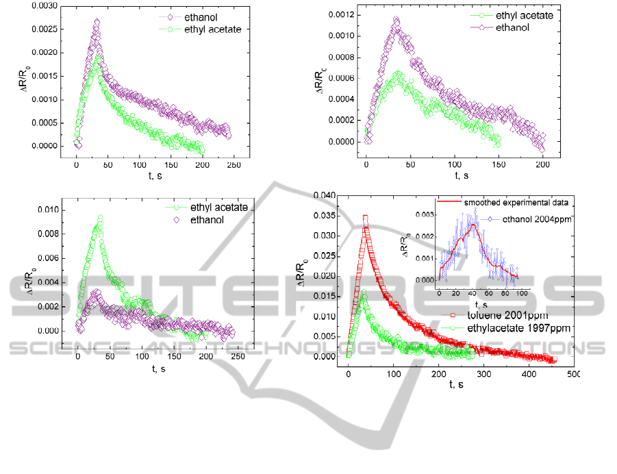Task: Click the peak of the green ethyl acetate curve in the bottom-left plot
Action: click(100, 217)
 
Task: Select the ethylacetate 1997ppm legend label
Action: click(513, 328)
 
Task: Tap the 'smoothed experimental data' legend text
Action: click(517, 203)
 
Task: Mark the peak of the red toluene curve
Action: click(366, 218)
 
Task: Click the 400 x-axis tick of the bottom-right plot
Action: click(529, 374)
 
